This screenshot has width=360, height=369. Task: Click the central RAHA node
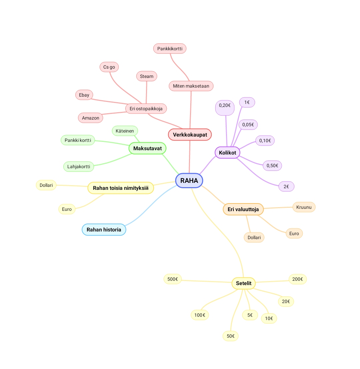point(189,181)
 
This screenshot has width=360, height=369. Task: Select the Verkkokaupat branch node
point(190,135)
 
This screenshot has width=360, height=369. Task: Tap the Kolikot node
point(227,153)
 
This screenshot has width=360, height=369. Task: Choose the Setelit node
point(243,283)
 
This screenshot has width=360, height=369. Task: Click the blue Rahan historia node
point(104,229)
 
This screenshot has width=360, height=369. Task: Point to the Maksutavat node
point(147,148)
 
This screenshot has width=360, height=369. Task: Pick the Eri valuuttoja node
point(243,209)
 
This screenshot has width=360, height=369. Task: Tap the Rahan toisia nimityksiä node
point(121,188)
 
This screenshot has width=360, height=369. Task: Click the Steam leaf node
point(146,76)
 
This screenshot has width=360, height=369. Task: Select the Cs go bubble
point(109,67)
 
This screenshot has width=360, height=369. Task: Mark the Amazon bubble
point(90,118)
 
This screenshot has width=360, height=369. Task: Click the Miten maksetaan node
point(191,86)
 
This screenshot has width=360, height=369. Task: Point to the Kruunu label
point(304,207)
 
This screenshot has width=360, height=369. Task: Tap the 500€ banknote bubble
point(172,279)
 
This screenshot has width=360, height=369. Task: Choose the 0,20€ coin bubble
point(225,107)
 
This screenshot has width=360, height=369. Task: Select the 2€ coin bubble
point(286,186)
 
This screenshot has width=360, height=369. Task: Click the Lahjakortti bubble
point(79,167)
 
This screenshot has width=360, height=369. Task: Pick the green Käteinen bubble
point(125,131)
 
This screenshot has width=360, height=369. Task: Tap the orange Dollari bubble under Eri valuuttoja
point(254,237)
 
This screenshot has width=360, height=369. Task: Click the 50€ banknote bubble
point(230,336)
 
